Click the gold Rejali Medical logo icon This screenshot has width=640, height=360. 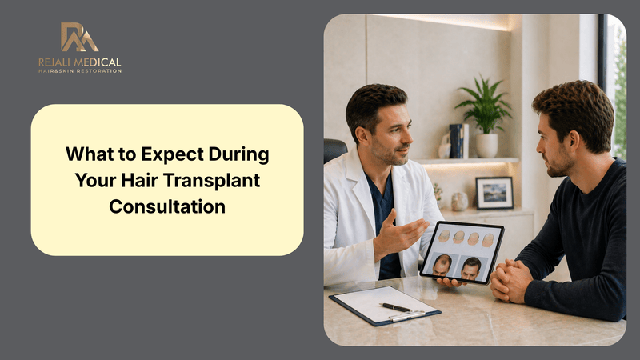80,37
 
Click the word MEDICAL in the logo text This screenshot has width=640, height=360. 99,62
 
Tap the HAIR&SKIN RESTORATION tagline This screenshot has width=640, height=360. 80,71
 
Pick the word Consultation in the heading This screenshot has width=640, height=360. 167,205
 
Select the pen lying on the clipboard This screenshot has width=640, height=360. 395,307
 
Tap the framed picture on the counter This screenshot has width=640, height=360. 494,193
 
